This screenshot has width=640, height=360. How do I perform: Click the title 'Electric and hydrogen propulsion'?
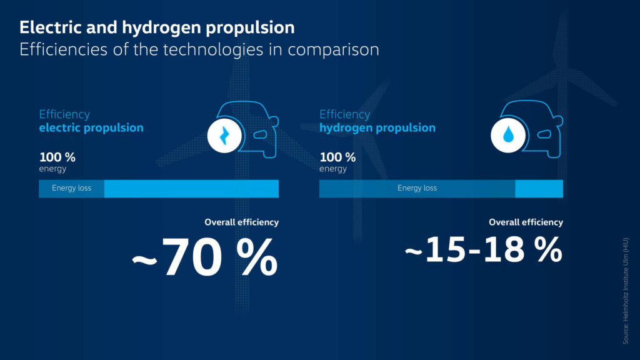click(x=157, y=28)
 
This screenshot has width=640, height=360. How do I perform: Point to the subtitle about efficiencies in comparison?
click(x=199, y=50)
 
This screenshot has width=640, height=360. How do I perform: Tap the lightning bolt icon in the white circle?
click(x=224, y=136)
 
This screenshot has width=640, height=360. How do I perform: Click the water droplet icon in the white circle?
click(x=508, y=134)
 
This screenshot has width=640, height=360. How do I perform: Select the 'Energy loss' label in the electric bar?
click(x=71, y=188)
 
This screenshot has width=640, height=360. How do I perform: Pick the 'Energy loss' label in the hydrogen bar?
click(x=417, y=188)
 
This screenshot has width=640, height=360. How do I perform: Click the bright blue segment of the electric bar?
click(x=191, y=189)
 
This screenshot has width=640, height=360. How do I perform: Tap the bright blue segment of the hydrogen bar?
click(x=539, y=189)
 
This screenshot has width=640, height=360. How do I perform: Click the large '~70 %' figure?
click(x=205, y=257)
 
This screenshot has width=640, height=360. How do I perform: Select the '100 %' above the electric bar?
click(x=57, y=157)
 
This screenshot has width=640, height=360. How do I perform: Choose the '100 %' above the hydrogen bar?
click(x=337, y=157)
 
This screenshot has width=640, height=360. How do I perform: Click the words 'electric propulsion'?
click(x=91, y=127)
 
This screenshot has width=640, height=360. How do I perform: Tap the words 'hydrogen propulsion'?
click(x=377, y=127)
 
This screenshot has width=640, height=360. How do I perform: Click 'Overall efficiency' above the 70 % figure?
click(x=242, y=222)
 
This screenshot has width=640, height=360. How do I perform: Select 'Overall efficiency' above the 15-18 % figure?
click(x=526, y=222)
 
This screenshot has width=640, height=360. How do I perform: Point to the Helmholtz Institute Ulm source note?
click(x=626, y=291)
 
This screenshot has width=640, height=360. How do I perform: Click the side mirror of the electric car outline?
click(x=274, y=121)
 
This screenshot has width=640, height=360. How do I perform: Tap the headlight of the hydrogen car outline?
click(x=544, y=134)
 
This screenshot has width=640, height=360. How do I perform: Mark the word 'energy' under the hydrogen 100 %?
click(x=333, y=169)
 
